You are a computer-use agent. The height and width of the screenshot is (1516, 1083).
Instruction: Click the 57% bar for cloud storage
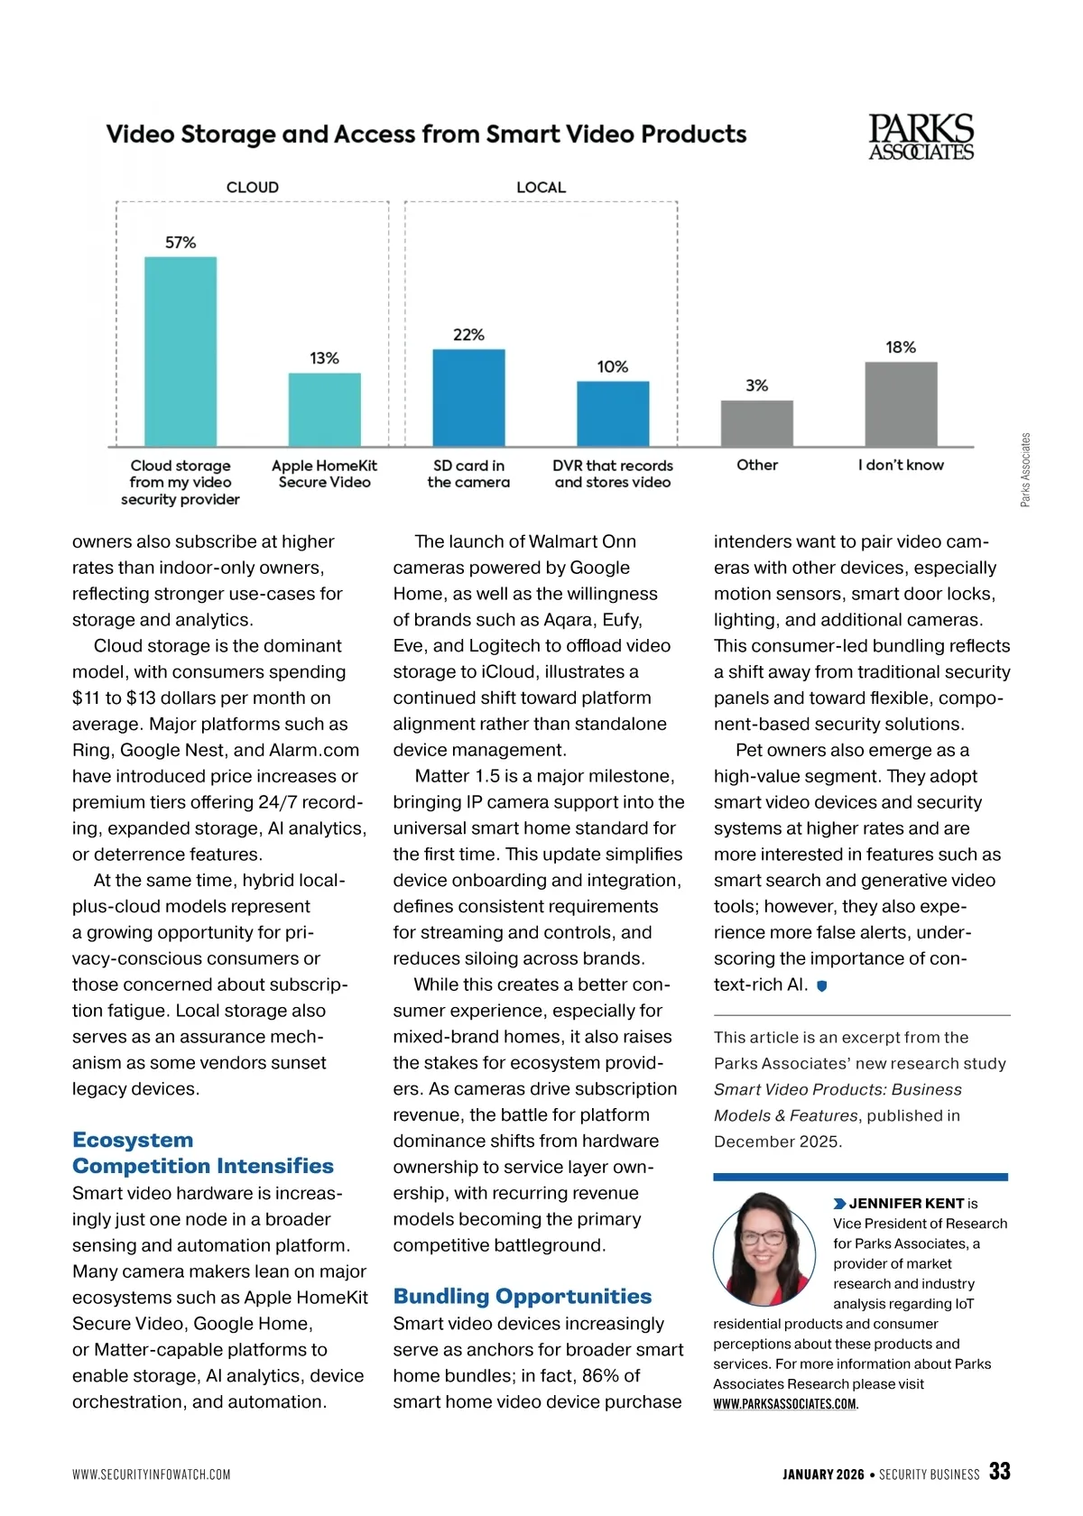180,352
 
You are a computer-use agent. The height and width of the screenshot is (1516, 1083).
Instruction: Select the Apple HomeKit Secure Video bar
325,410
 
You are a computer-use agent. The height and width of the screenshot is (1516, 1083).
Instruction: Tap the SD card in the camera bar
468,398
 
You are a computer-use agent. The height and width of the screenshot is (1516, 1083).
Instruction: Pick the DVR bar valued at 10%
613,413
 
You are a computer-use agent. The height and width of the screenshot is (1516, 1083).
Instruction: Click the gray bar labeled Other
756,423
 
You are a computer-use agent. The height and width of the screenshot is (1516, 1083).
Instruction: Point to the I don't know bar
901,404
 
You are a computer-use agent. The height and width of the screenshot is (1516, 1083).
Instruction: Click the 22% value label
468,335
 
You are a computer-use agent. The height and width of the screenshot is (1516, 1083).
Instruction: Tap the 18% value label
901,347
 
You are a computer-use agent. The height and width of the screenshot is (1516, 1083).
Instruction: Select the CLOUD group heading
253,188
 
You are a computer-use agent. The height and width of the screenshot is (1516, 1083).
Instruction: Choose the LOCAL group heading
541,188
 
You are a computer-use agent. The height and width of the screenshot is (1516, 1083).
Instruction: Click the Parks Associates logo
921,137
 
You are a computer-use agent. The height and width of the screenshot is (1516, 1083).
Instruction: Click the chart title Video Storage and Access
426,134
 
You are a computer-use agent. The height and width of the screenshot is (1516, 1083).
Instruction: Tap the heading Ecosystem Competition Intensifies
202,1152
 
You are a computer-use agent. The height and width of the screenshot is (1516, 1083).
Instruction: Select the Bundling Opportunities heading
523,1297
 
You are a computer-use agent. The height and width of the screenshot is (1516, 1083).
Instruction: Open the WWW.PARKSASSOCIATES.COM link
784,1404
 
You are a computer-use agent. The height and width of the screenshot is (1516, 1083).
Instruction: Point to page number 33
999,1471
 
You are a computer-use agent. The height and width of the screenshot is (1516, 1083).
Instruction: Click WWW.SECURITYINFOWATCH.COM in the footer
152,1474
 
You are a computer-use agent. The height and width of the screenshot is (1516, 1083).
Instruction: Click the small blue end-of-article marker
821,986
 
